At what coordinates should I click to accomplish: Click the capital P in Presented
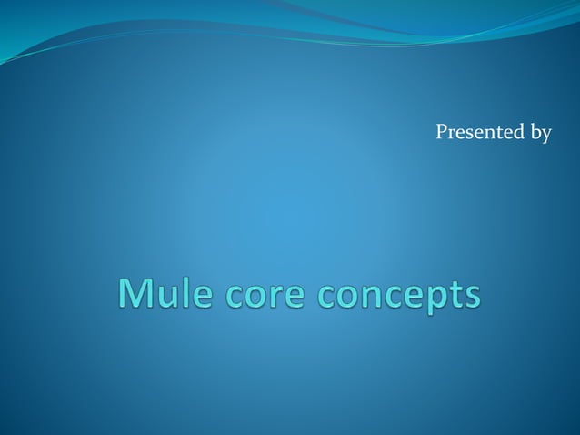click(442, 134)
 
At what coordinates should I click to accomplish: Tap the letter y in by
click(545, 137)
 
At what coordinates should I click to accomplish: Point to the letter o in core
click(254, 298)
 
